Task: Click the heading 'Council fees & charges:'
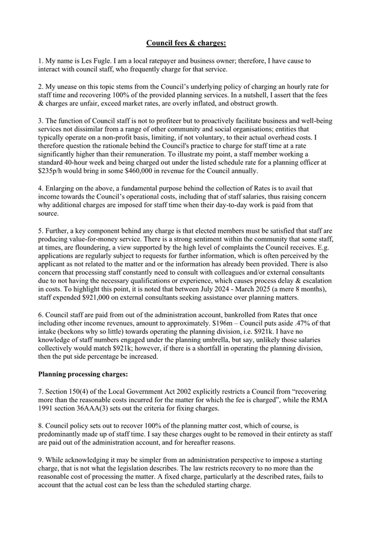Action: pos(186,43)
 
